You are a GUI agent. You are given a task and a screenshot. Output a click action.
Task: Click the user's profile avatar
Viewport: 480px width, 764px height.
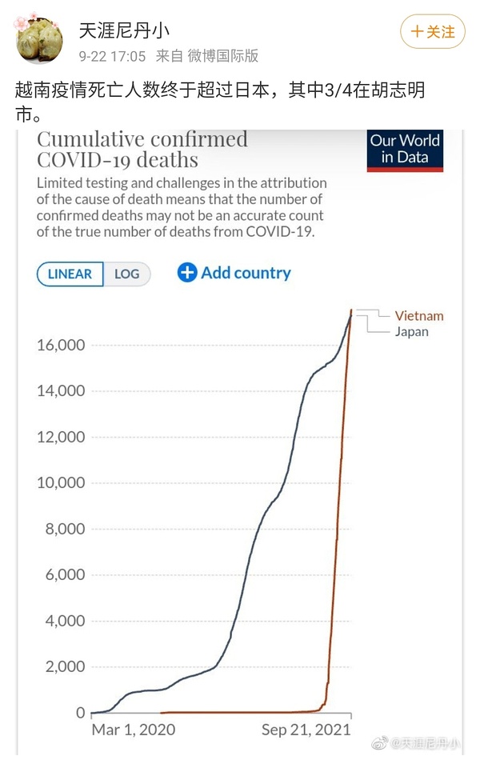pos(40,38)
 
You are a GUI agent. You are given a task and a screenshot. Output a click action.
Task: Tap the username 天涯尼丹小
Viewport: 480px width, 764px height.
pos(124,31)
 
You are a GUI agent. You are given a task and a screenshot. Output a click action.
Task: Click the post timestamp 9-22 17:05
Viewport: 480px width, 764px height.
pos(112,56)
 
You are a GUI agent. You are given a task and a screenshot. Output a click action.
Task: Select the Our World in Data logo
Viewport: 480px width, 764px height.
pos(405,150)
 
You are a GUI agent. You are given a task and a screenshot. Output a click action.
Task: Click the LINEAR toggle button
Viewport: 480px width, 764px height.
pos(70,274)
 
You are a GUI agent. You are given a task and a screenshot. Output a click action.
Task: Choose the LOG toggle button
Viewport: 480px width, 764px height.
pos(127,274)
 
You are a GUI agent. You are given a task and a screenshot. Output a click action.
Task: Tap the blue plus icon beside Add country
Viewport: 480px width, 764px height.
pos(187,273)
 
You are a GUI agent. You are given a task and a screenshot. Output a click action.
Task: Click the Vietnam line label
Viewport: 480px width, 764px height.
pos(418,316)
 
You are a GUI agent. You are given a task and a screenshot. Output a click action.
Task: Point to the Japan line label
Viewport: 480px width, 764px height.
pos(411,331)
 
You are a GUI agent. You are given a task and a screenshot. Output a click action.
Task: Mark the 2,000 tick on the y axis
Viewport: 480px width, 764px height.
pos(62,667)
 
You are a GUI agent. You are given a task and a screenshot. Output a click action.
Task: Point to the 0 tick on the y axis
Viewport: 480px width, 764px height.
pos(80,713)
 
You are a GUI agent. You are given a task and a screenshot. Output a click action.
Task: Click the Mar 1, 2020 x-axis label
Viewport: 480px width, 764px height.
pos(134,730)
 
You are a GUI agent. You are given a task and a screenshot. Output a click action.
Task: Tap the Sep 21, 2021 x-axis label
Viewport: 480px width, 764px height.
pos(306,730)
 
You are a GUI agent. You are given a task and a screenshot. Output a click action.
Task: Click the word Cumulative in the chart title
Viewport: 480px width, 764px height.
pos(89,139)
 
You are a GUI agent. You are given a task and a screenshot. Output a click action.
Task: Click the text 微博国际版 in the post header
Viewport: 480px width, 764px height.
pos(223,56)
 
